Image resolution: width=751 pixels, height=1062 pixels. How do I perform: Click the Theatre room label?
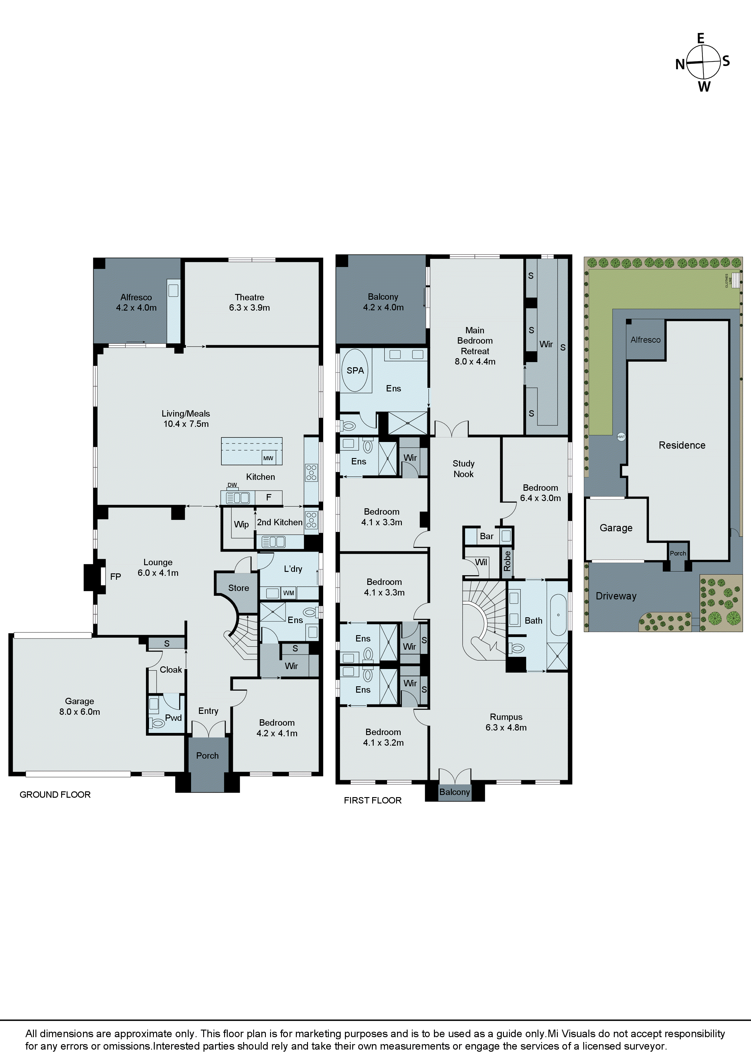click(250, 297)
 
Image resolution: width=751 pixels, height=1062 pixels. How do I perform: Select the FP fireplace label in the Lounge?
click(115, 576)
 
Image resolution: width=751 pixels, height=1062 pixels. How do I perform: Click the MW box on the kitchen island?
click(268, 458)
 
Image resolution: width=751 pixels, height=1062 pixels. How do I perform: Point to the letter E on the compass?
click(700, 39)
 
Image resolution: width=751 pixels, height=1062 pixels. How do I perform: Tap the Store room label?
click(238, 588)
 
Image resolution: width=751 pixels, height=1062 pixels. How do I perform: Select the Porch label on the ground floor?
click(207, 755)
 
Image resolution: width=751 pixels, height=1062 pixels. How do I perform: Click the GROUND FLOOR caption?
click(55, 795)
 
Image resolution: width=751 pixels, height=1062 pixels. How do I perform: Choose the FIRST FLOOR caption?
click(372, 800)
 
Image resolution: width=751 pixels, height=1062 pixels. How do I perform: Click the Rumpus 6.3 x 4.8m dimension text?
click(506, 727)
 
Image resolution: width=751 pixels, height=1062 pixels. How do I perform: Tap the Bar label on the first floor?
click(486, 536)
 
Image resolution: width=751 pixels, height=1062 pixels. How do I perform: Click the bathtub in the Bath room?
click(558, 615)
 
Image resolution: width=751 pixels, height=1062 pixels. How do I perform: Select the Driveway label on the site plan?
click(616, 596)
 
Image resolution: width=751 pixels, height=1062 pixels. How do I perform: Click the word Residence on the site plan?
click(682, 445)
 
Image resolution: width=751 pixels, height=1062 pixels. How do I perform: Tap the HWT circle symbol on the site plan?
click(621, 437)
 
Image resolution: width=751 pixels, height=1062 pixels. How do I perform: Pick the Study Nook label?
click(463, 469)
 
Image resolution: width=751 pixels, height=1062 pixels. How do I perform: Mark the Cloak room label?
click(171, 669)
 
